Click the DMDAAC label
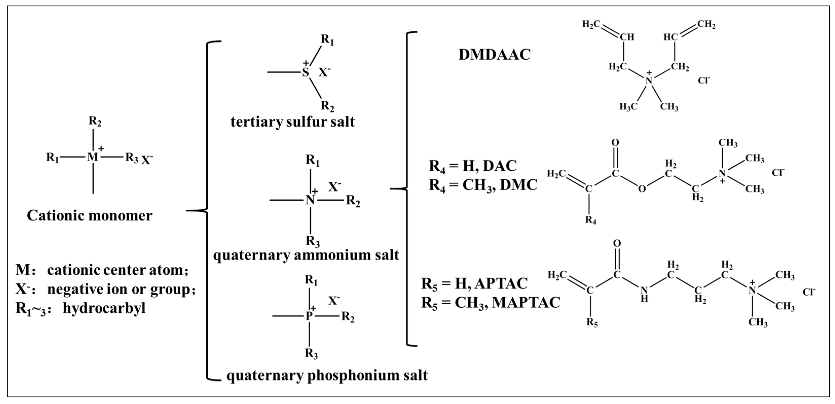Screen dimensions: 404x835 tap(494, 55)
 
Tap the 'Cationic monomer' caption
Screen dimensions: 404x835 tap(89, 216)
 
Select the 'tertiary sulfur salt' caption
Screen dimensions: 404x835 tap(292, 122)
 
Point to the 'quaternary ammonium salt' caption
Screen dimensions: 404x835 tap(306, 255)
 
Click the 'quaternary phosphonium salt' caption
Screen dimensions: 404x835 tap(327, 375)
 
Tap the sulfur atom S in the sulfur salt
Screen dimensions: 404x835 tap(305, 72)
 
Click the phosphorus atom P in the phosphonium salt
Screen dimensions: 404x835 tap(309, 316)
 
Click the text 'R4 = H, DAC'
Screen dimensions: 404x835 tap(473, 166)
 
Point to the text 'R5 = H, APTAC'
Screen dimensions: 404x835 tap(474, 283)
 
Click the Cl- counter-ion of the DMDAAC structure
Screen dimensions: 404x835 tap(704, 80)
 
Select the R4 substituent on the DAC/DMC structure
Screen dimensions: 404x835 tap(591, 221)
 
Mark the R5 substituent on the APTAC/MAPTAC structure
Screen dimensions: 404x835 tap(592, 323)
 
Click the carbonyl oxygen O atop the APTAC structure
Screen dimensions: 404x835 tap(617, 243)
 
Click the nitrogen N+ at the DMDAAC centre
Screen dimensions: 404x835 tap(649, 80)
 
